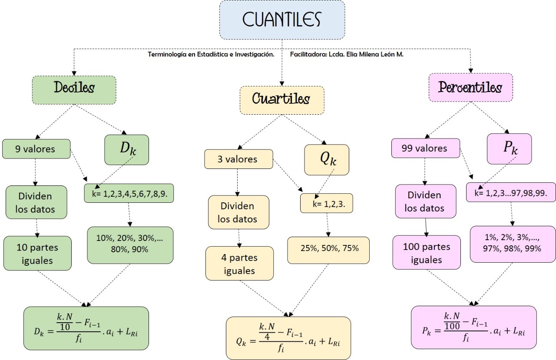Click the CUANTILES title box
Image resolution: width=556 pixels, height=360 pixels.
coord(282,20)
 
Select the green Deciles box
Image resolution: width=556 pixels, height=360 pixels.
coord(74,90)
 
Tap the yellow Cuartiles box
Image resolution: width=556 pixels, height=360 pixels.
coord(281,100)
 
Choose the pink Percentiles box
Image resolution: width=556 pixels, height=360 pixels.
coord(470,88)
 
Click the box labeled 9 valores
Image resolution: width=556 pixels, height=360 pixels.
coord(36,149)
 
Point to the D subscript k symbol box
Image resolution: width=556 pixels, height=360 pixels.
coord(126,149)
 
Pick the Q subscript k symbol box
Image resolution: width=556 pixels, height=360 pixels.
coord(327,159)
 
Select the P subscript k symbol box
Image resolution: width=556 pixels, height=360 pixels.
coord(509,149)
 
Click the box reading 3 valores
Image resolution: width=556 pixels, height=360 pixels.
coord(238,159)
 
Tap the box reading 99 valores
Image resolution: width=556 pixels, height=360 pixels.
coord(425,148)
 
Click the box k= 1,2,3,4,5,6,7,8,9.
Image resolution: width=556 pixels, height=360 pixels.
coord(129,194)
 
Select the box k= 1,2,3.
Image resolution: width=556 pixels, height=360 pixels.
coord(326,203)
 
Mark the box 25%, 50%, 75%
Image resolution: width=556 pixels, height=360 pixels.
coord(328,250)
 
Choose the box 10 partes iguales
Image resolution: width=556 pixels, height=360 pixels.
coord(37,254)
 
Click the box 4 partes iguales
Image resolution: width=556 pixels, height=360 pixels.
coord(239,264)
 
